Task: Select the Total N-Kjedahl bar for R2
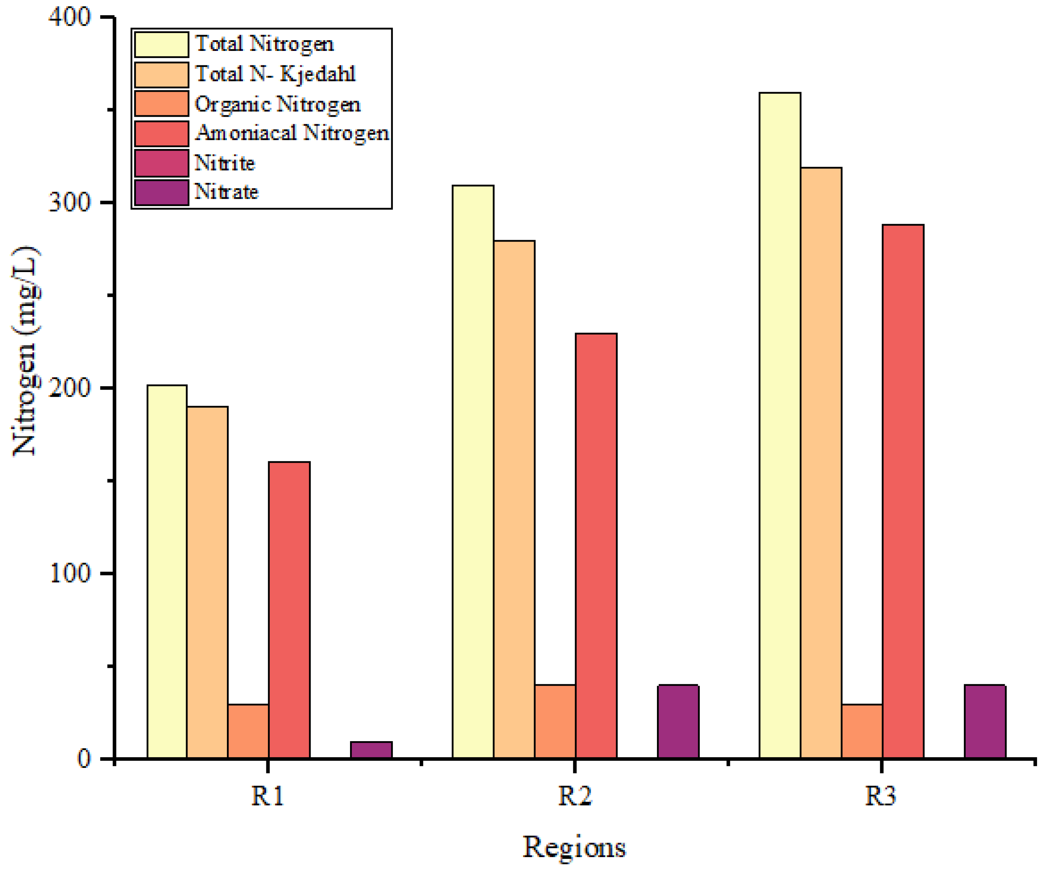[x=514, y=499]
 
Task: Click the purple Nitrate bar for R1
[x=371, y=750]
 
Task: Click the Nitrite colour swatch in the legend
[x=161, y=163]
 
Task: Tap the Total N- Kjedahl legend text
[x=275, y=74]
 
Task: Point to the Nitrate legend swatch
[x=161, y=193]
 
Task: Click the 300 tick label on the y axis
[x=70, y=203]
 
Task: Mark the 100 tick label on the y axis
[x=70, y=573]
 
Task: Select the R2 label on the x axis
[x=574, y=796]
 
